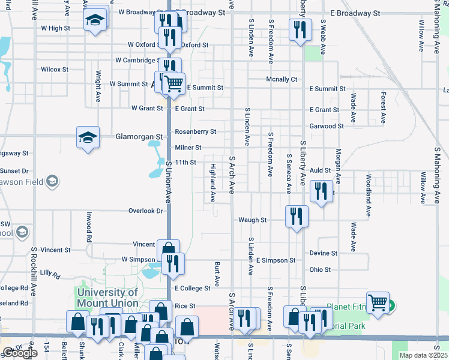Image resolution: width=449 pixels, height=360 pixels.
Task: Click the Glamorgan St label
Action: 139,137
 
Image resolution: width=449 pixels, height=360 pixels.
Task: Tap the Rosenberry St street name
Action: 195,131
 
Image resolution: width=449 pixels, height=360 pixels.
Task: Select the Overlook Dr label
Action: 146,211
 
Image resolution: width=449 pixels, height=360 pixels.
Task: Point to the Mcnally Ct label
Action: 282,79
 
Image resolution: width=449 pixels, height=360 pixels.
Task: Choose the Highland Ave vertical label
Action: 212,182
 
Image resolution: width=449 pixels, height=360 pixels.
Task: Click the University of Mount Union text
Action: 107,298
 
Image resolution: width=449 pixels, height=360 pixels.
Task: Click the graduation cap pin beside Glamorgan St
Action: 88,137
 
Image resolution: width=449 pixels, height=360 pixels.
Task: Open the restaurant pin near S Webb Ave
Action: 300,29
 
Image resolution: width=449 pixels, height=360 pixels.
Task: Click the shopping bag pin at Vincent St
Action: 169,250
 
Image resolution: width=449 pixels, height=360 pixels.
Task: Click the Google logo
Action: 19,353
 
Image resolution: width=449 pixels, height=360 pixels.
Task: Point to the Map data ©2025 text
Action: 423,355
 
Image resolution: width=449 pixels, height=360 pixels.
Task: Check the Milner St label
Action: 188,147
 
